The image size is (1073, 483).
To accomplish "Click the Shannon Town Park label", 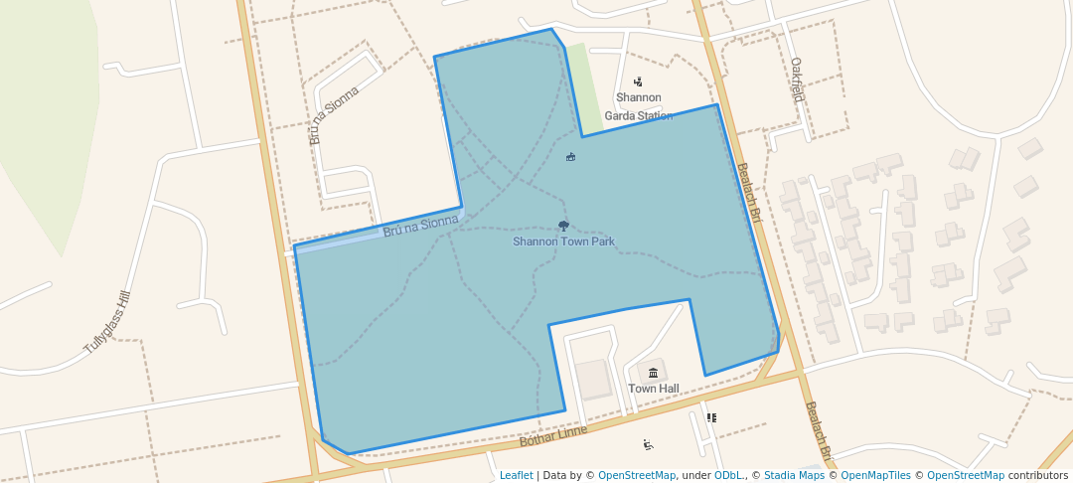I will [x=563, y=241].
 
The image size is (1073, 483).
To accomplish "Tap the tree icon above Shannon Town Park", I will [x=564, y=227].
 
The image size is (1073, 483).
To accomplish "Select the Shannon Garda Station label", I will [x=639, y=106].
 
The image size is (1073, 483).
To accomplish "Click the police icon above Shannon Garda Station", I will [x=638, y=82].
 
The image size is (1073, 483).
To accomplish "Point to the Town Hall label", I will [x=653, y=389].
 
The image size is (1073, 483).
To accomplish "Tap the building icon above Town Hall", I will [x=653, y=373].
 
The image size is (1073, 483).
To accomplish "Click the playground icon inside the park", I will [x=570, y=156].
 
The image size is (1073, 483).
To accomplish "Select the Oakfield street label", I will [x=797, y=80].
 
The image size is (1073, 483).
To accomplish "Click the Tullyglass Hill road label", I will [x=107, y=323].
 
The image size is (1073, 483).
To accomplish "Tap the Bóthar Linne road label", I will [x=553, y=434].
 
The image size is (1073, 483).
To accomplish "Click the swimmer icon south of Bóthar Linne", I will [x=648, y=444].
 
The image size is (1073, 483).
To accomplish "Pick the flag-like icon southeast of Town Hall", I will [x=711, y=417].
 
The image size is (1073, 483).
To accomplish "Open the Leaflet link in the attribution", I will [x=516, y=475].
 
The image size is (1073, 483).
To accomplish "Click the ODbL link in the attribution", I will [x=727, y=475].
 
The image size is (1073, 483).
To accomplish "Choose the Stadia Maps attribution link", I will [x=792, y=475].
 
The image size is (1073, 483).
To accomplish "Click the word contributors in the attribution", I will [x=1037, y=475].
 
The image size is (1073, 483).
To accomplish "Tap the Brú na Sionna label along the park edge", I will [x=420, y=227].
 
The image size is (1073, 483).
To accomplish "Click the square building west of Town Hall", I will [x=595, y=380].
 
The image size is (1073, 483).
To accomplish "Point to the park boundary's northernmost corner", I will [x=551, y=29].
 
